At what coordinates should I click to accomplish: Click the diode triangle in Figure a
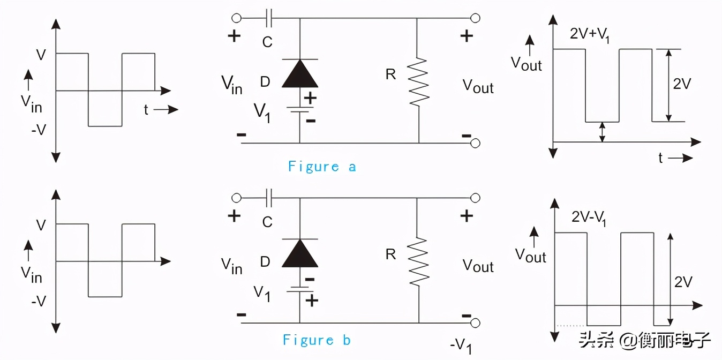[299, 74]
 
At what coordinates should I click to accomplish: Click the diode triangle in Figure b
[299, 253]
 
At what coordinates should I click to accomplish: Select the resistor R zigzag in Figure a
[418, 81]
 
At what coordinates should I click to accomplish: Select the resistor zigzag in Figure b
[418, 261]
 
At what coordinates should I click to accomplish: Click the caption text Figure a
[322, 167]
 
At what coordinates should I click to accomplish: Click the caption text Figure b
[317, 340]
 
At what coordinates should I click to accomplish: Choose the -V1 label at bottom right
[461, 346]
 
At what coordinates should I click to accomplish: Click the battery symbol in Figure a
[299, 109]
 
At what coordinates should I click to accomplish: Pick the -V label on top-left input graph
[38, 129]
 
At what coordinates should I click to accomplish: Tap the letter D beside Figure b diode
[265, 262]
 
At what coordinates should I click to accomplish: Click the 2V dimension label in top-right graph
[682, 84]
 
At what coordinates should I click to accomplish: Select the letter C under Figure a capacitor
[267, 42]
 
